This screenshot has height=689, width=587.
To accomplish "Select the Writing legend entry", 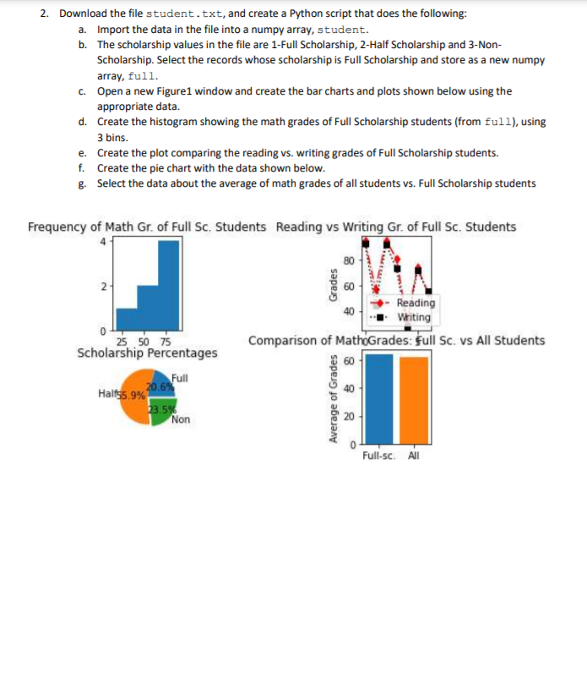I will [413, 317].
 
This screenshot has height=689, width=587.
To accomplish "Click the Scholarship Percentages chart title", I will [147, 353].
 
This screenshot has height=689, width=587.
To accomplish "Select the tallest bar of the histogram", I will [167, 287].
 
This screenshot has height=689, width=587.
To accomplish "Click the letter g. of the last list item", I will [81, 183].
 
